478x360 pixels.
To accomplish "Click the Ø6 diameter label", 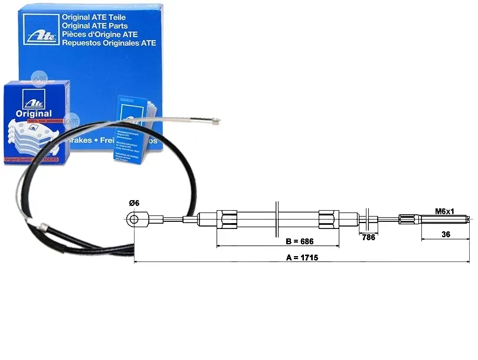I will point(134,204).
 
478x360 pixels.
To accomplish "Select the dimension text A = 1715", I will point(302,258).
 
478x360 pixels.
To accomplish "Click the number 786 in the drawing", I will point(369,238).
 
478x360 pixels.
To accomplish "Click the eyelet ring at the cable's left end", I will point(135,220).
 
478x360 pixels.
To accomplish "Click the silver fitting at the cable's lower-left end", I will point(42,226).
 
